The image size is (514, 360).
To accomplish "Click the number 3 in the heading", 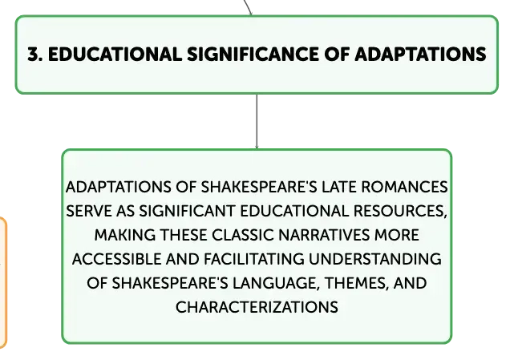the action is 33,54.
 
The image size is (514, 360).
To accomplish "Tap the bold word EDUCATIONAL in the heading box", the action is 115,54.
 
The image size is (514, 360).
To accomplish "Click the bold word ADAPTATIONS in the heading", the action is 420,54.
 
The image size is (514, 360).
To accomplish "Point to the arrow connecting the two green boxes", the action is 257,122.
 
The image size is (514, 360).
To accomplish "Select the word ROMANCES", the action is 404,187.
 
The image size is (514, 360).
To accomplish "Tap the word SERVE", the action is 88,211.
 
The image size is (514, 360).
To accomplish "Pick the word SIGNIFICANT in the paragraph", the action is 187,211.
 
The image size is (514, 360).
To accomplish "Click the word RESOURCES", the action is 400,212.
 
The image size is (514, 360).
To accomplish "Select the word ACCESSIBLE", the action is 116,259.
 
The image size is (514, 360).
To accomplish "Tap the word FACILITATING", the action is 254,259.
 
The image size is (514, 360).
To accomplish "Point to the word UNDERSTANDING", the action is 375,259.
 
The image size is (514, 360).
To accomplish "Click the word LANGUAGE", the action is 276,283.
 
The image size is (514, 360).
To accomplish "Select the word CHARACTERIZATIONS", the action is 257,307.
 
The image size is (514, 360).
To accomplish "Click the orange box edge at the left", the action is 5,282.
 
